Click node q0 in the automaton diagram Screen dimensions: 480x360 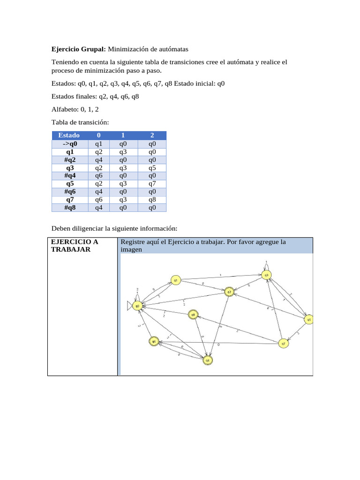[138, 306]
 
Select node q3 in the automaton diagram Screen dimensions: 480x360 [266, 275]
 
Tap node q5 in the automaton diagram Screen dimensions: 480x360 [308, 320]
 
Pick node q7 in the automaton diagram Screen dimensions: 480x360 [283, 343]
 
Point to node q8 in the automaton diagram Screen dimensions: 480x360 [193, 315]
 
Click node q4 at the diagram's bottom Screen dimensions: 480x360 [208, 360]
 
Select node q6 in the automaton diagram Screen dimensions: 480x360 [153, 341]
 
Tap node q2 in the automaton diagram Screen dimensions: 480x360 [229, 292]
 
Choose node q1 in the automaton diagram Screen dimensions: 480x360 [175, 280]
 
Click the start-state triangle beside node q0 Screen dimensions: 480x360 [130, 306]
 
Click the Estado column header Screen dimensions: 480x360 [69, 135]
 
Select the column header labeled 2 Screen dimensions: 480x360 [152, 135]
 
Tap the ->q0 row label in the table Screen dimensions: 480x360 [69, 144]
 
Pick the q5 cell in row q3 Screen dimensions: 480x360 [152, 167]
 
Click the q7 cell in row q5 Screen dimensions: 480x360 [152, 184]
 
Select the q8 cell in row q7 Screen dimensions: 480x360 [152, 200]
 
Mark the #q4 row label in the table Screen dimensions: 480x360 [69, 176]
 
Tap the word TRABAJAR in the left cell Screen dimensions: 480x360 [71, 249]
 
